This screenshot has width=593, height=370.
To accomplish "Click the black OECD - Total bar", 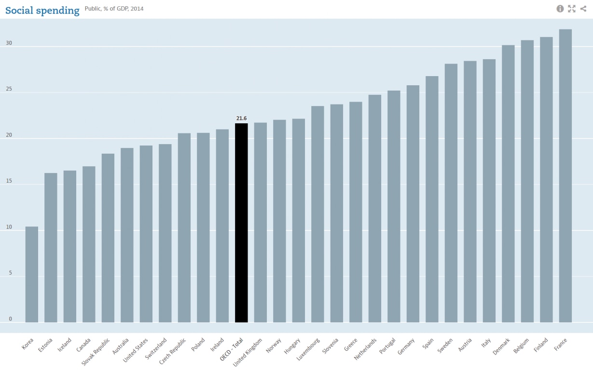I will [x=241, y=223].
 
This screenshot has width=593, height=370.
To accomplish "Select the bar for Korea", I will [x=32, y=274].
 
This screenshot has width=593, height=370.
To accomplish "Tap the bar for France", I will [x=565, y=176].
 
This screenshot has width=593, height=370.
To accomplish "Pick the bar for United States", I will [x=146, y=234].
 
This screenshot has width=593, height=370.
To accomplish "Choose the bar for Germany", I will [x=413, y=204].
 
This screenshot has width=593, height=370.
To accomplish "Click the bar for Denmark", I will [x=508, y=184].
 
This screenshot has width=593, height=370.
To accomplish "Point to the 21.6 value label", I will [x=241, y=118].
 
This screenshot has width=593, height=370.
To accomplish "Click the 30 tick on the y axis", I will [x=9, y=43].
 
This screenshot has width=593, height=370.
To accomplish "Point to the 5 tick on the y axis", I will [x=10, y=273].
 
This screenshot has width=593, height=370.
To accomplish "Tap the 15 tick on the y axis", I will [x=9, y=181].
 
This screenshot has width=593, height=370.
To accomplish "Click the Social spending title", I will [x=42, y=10].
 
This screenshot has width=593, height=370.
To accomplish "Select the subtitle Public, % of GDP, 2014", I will [x=114, y=9].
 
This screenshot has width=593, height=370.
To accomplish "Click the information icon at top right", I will [x=560, y=9].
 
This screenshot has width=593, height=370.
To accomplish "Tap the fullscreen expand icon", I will [x=572, y=9].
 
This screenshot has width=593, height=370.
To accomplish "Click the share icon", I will [x=583, y=9].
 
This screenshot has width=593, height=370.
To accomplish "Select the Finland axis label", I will [x=542, y=345].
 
